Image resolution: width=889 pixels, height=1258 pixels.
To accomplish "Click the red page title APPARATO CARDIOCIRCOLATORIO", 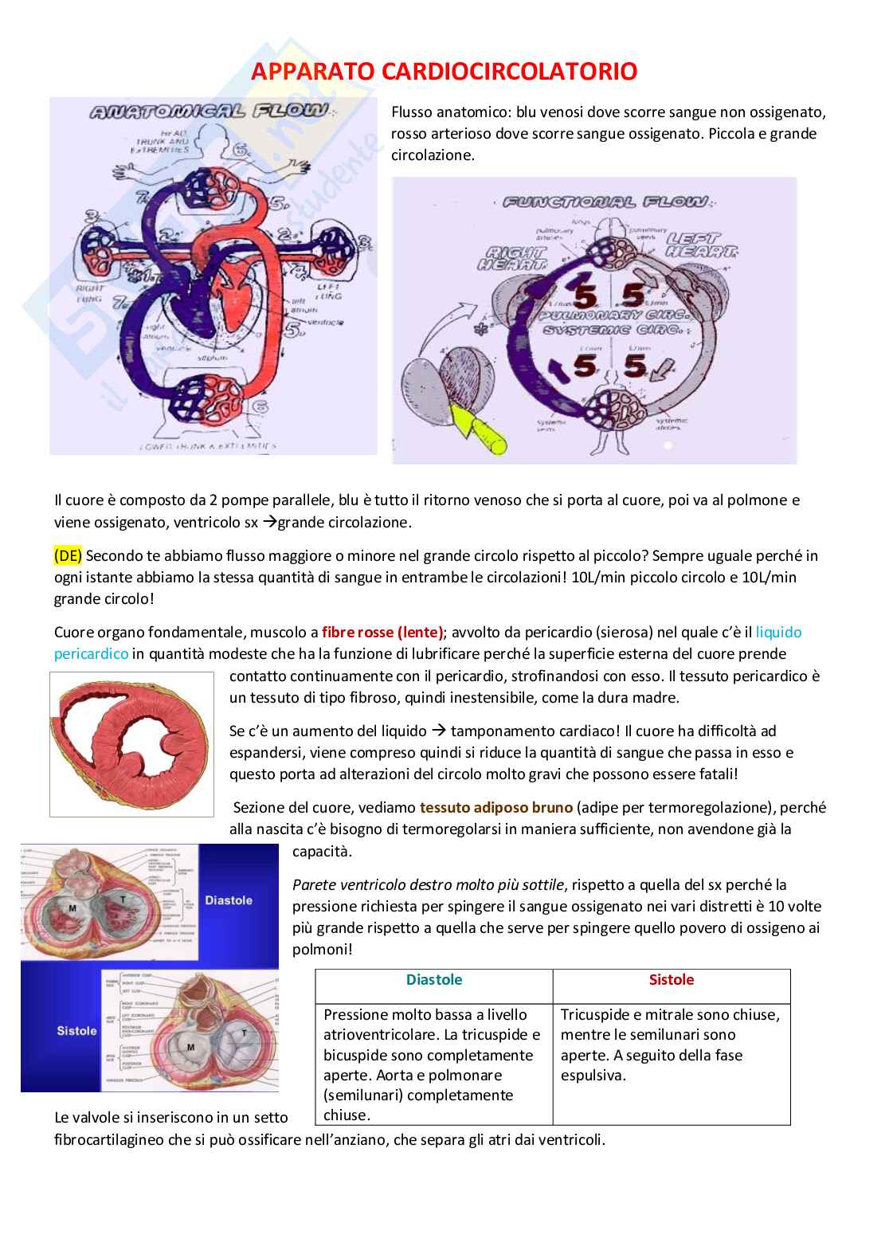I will [444, 72].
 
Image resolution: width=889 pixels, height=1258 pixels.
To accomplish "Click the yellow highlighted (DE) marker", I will [68, 555].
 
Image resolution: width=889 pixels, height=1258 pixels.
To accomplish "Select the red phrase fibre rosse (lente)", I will [382, 633].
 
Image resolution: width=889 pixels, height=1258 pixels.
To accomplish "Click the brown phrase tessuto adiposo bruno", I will [495, 807].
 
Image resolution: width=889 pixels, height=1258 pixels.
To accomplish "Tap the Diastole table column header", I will [433, 980].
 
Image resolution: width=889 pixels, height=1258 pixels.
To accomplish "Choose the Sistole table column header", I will [671, 980].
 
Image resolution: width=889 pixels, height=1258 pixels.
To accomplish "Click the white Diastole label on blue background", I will [229, 900].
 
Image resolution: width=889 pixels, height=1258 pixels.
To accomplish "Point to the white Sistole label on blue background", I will [76, 1031].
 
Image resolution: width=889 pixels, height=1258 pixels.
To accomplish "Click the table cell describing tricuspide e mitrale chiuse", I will [671, 1044].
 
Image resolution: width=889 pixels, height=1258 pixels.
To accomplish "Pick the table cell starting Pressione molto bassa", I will [433, 1064].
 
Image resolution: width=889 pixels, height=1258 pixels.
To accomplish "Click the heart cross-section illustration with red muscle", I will [131, 744].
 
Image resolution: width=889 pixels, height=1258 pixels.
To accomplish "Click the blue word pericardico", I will [91, 654].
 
